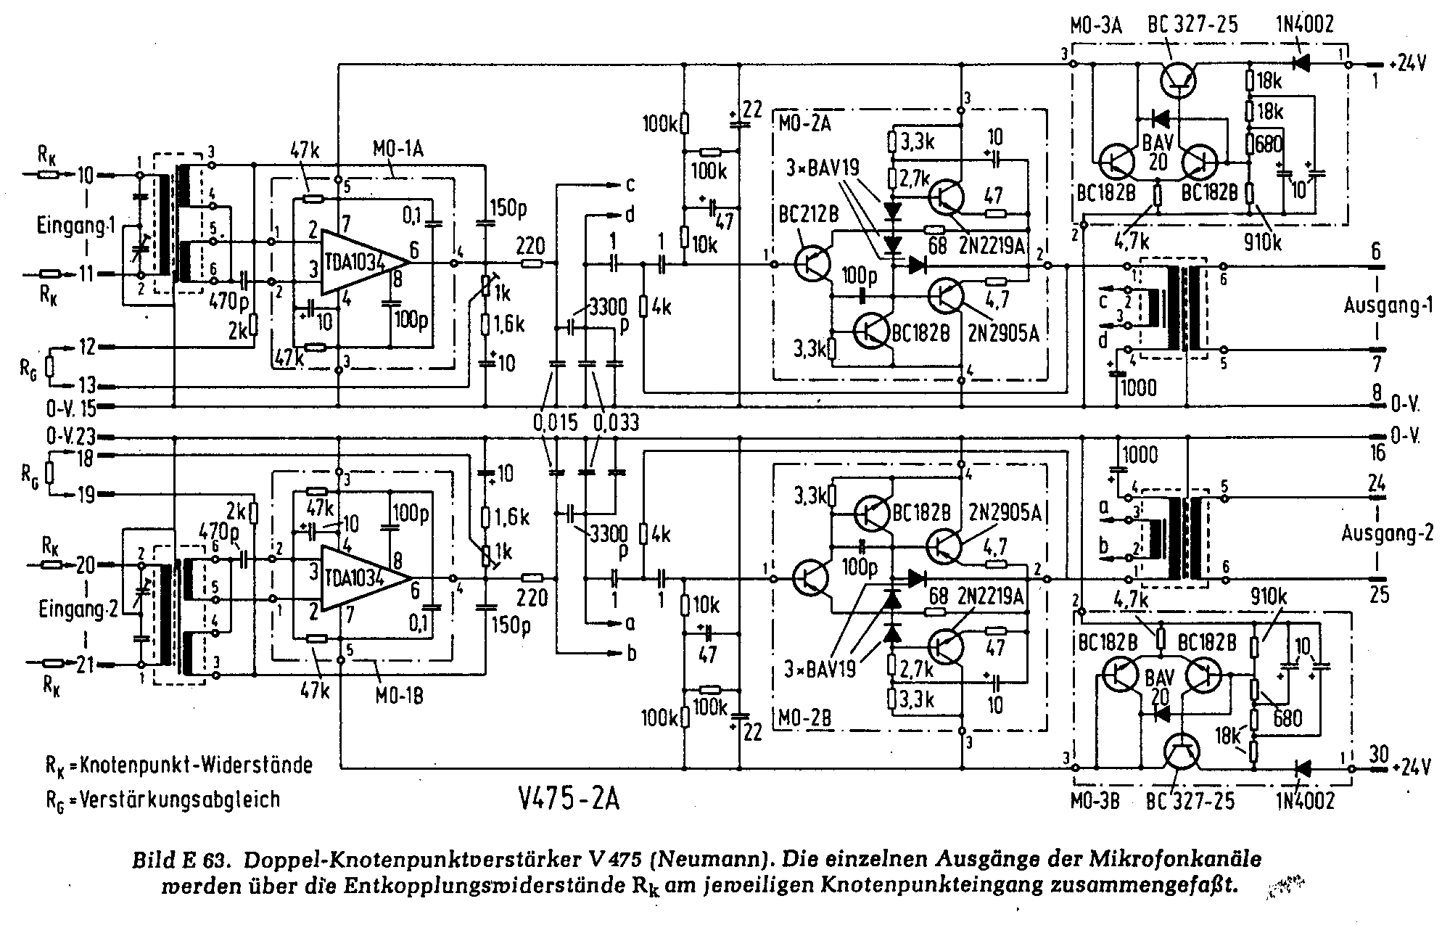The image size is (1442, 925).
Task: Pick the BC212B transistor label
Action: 809,215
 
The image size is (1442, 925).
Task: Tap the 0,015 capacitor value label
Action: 554,422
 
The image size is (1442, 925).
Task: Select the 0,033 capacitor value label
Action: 616,422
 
